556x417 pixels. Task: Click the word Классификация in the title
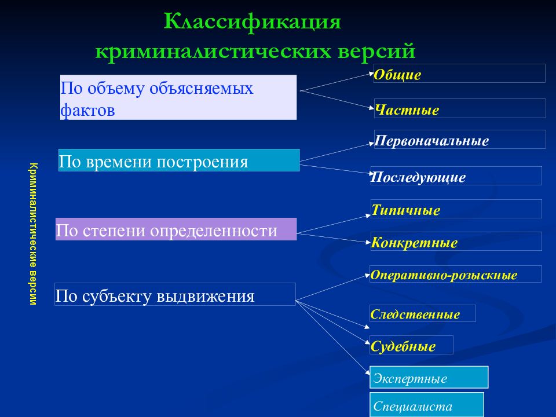pyautogui.click(x=253, y=22)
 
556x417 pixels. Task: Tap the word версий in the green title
pyautogui.click(x=376, y=51)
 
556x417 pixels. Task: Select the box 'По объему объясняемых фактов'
pyautogui.click(x=178, y=97)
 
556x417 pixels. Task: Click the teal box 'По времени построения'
pyautogui.click(x=179, y=160)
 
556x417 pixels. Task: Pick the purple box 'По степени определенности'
pyautogui.click(x=176, y=229)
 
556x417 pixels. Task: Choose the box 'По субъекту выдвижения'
pyautogui.click(x=175, y=294)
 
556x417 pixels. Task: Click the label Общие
pyautogui.click(x=397, y=75)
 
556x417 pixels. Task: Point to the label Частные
pyautogui.click(x=407, y=109)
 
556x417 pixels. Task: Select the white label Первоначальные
pyautogui.click(x=431, y=141)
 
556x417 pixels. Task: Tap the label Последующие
pyautogui.click(x=418, y=177)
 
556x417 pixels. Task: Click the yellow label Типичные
pyautogui.click(x=405, y=210)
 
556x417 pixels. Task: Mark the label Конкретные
pyautogui.click(x=414, y=243)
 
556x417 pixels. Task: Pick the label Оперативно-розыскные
pyautogui.click(x=444, y=275)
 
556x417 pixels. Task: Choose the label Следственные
pyautogui.click(x=415, y=314)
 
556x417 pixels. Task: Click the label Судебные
pyautogui.click(x=403, y=346)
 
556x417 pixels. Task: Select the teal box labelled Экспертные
pyautogui.click(x=429, y=377)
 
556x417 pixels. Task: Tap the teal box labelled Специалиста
pyautogui.click(x=427, y=405)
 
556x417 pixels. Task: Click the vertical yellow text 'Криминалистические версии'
pyautogui.click(x=34, y=233)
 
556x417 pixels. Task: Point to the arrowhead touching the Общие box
pyautogui.click(x=372, y=74)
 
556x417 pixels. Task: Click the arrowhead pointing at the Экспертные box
pyautogui.click(x=367, y=372)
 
